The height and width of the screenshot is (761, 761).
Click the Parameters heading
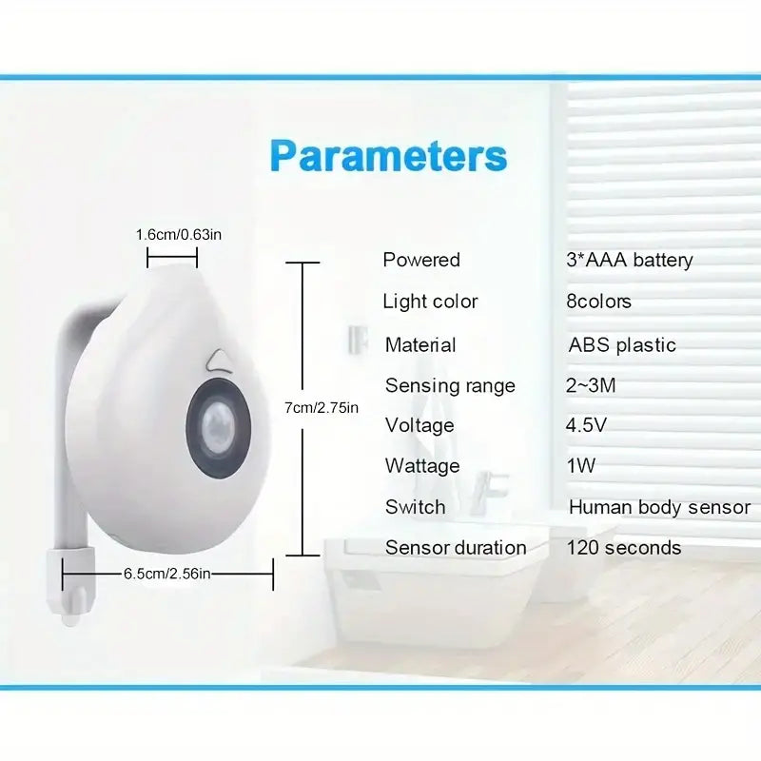tap(388, 156)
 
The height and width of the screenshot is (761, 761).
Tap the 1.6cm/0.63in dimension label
tap(179, 235)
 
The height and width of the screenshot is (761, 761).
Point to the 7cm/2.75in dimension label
tap(322, 408)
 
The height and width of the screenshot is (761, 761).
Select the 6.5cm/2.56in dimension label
tap(167, 574)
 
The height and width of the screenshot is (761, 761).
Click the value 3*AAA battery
tap(630, 260)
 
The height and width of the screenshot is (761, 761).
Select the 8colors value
tap(599, 302)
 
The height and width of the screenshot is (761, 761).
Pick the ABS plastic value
tap(622, 345)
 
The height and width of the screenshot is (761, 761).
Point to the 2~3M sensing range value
tap(591, 386)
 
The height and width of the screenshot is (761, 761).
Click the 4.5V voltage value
tap(586, 425)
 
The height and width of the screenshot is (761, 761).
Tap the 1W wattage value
tap(581, 466)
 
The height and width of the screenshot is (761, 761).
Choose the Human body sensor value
tap(659, 508)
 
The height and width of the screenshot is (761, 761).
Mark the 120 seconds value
tap(624, 548)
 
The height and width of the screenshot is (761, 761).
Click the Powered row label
tap(421, 260)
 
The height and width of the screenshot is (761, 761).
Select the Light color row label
tap(430, 302)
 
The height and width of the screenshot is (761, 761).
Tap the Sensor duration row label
tap(456, 548)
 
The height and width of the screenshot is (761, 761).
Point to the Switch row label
tap(416, 507)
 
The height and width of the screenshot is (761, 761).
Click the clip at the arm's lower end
tap(70, 585)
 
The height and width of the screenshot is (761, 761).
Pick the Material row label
tap(420, 345)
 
